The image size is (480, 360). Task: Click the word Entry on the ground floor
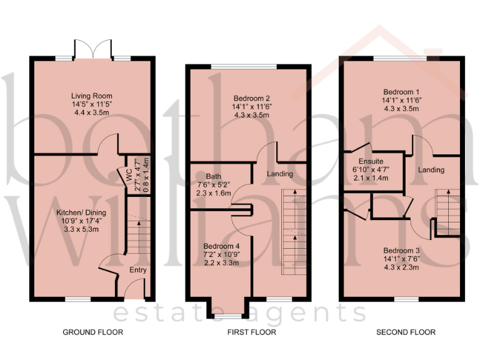(x=137, y=270)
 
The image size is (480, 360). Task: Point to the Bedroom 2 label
(x=251, y=98)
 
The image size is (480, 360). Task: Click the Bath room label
(x=214, y=176)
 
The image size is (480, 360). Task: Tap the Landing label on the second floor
(x=431, y=169)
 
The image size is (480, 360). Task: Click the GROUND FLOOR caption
(x=92, y=332)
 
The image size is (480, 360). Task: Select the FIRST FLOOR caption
(x=251, y=332)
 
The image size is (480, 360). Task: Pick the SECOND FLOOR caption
(x=406, y=332)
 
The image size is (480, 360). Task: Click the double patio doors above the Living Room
(x=92, y=49)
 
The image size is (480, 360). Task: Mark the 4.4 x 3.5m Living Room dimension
(x=92, y=114)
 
